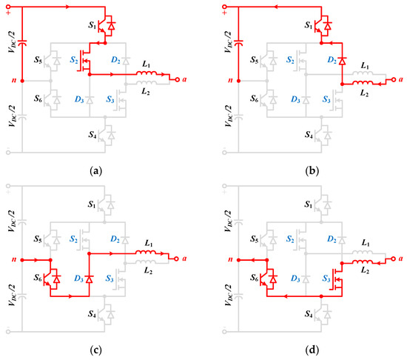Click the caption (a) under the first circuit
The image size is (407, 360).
pos(95,170)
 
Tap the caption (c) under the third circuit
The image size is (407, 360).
pos(95,351)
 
